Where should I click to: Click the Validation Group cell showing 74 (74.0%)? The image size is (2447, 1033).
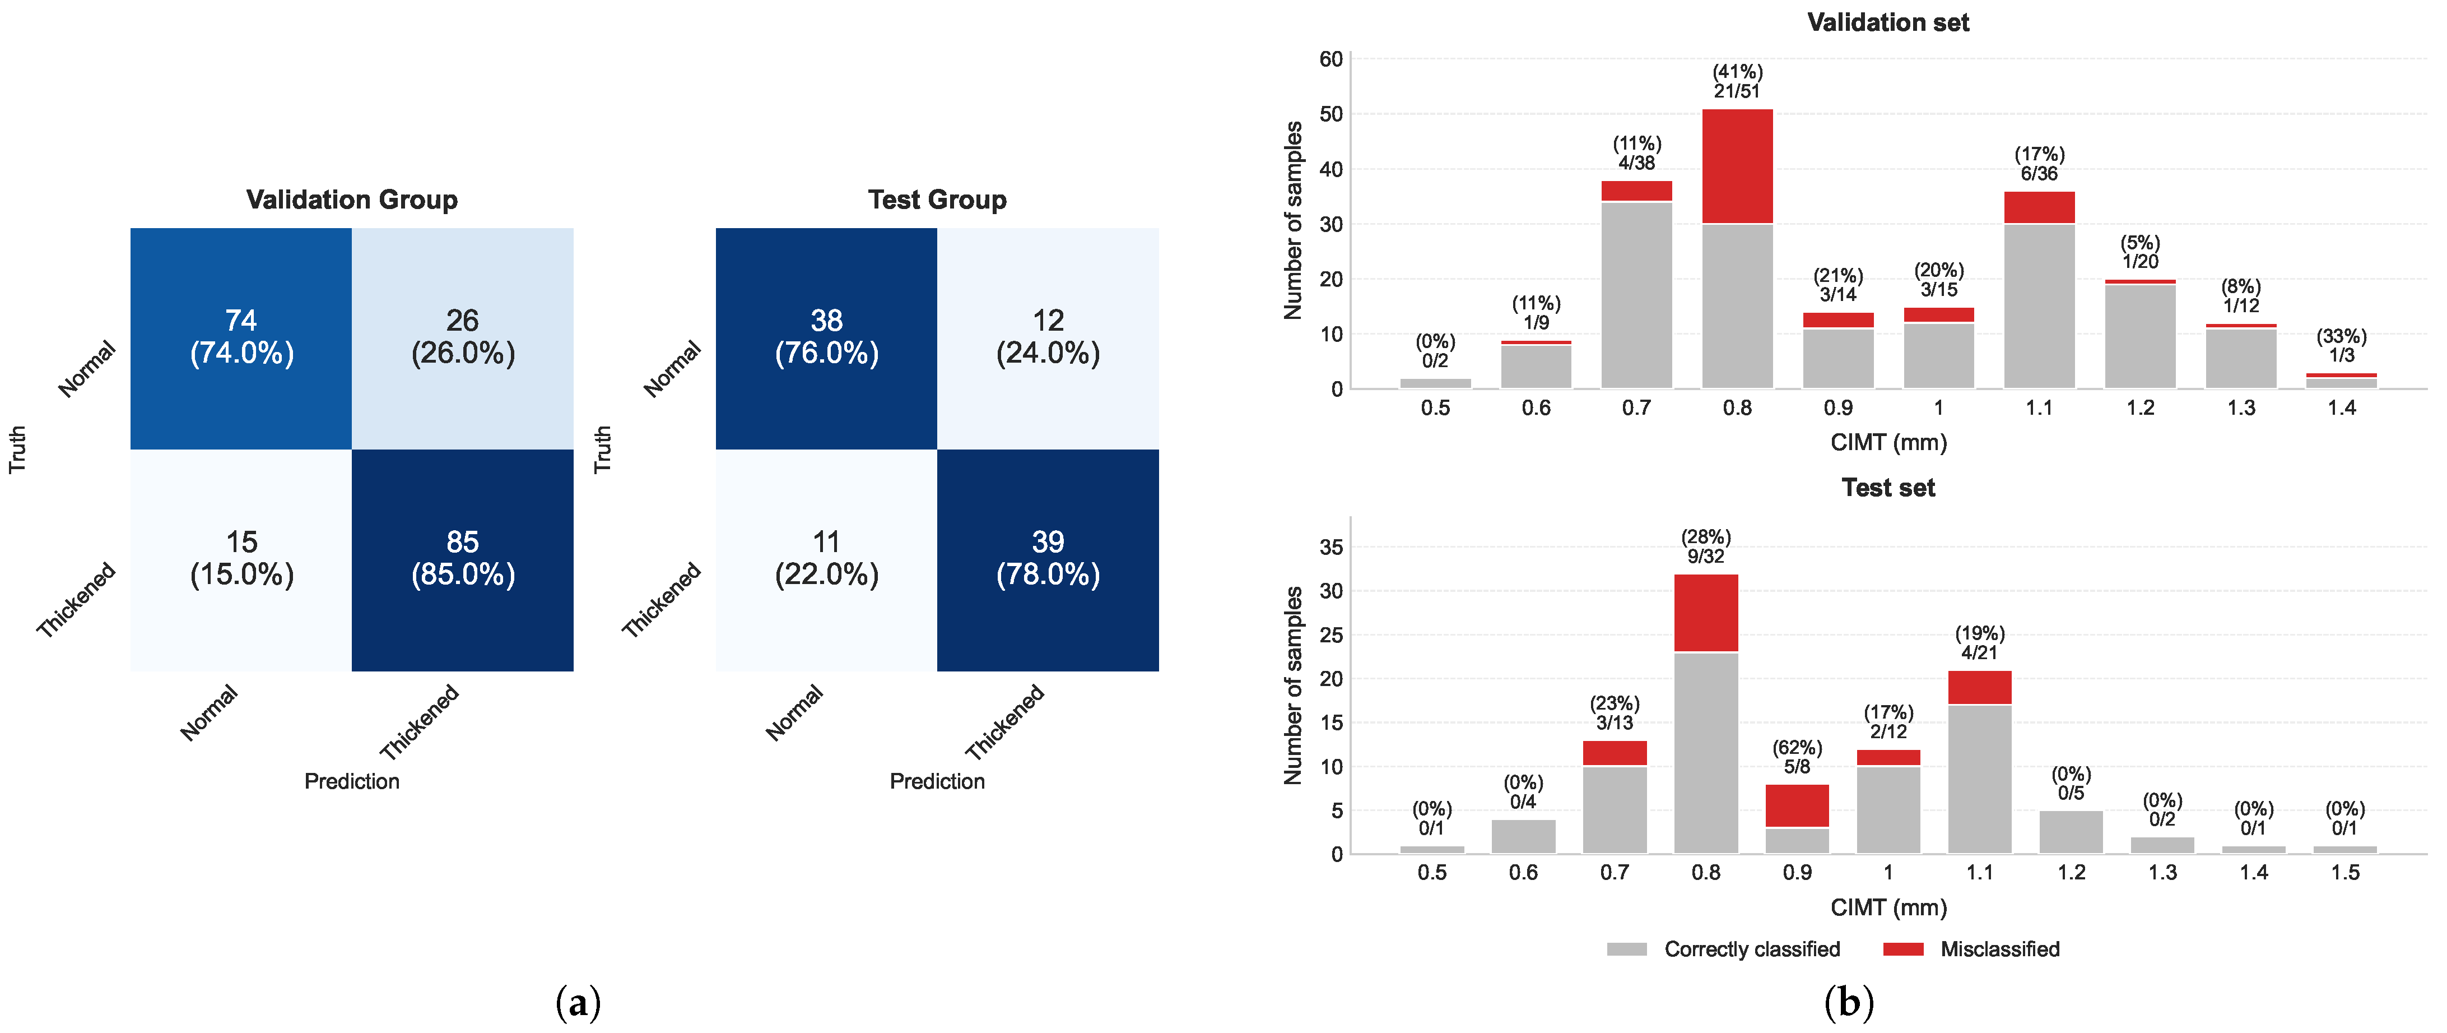pos(241,339)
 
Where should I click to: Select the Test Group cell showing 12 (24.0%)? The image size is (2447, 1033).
pos(1048,339)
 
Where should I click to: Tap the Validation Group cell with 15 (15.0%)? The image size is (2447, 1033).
pos(241,560)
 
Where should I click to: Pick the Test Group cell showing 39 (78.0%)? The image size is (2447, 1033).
pos(1048,560)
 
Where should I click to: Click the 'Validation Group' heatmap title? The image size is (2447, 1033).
pos(351,200)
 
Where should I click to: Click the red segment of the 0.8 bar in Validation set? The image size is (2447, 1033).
pos(1737,166)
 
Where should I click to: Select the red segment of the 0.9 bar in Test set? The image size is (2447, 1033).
pos(1797,806)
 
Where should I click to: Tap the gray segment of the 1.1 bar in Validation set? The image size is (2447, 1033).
pos(2040,306)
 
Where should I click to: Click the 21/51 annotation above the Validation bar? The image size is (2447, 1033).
pos(1737,91)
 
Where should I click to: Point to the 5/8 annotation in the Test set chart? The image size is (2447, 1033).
pos(1797,766)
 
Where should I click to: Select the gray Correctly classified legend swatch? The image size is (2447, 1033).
pos(1627,948)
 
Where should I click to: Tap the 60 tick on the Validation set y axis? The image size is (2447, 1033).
pos(1331,59)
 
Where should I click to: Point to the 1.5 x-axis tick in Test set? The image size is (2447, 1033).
pos(2346,872)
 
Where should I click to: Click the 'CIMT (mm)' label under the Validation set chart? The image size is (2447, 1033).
pos(1888,442)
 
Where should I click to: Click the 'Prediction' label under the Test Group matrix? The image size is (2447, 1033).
pos(937,781)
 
